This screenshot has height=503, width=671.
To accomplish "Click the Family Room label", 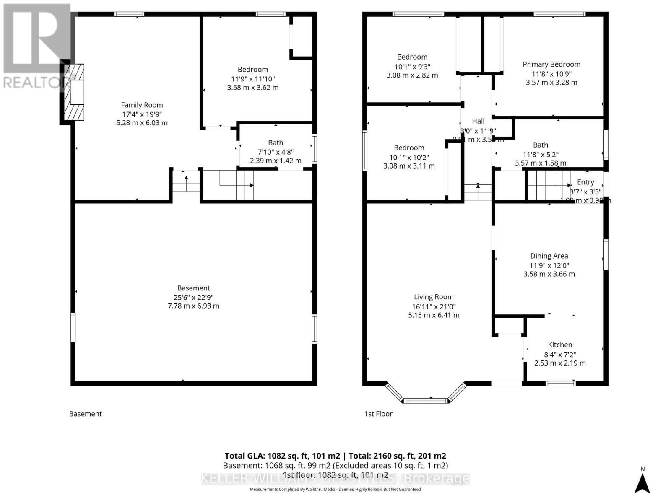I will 142,105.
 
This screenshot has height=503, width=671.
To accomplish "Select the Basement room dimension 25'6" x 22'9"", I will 193,297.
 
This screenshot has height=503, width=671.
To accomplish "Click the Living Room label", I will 434,297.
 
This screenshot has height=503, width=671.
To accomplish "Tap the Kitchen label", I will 560,345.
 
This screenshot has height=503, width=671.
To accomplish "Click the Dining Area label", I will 549,256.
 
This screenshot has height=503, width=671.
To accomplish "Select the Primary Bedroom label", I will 551,64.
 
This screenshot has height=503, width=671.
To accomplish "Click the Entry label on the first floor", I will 585,182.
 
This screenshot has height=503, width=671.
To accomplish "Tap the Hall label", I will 478,121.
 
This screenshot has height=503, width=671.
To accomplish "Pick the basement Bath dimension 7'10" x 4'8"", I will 275,152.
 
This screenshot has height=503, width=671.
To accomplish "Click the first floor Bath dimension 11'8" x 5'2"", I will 541,154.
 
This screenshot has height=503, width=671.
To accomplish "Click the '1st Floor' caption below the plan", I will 378,414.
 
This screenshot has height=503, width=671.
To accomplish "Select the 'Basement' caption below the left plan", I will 86,414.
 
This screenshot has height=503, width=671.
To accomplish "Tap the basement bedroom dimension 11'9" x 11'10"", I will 253,79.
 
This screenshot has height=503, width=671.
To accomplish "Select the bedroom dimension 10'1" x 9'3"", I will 412,66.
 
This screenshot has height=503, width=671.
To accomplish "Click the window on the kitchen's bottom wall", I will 561,383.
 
